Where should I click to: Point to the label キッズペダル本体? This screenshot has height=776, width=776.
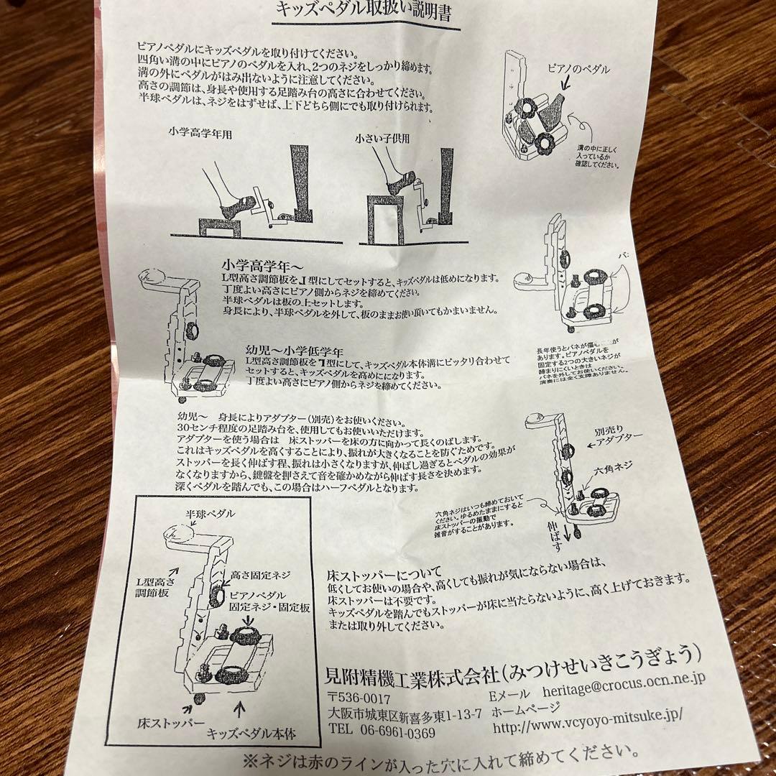pos(251,734)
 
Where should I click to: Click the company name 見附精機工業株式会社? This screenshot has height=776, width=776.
pos(412,673)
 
